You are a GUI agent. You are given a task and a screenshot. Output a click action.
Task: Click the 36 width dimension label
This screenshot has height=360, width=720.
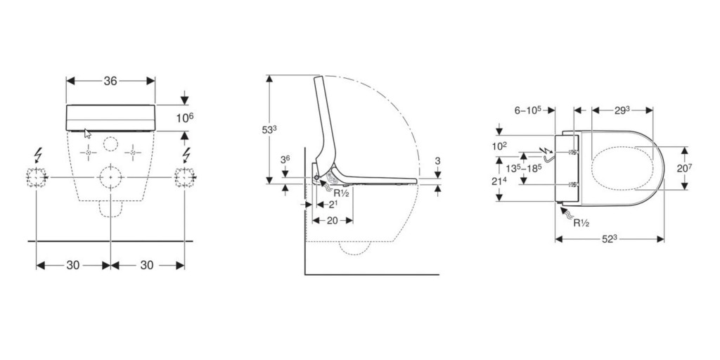pyautogui.click(x=110, y=81)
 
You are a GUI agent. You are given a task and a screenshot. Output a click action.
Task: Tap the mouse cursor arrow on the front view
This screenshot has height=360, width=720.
pyautogui.click(x=88, y=133)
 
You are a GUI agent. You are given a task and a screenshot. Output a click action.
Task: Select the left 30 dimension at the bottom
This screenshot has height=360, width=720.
pyautogui.click(x=73, y=265)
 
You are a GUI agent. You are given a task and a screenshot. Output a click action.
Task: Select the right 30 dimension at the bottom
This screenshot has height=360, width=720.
pyautogui.click(x=147, y=265)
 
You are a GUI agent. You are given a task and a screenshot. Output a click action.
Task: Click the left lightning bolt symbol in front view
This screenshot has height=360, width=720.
pyautogui.click(x=38, y=155)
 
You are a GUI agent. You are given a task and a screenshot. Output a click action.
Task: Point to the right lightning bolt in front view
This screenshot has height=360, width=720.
pyautogui.click(x=186, y=155)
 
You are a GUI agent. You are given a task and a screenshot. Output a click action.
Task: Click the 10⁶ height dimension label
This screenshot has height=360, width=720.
pyautogui.click(x=185, y=117)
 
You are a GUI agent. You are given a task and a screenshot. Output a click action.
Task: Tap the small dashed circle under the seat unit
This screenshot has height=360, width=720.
pyautogui.click(x=110, y=143)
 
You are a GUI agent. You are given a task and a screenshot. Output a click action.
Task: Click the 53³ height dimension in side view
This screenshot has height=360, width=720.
pyautogui.click(x=269, y=130)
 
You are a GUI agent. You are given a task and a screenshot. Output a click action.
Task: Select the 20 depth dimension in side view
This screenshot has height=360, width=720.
pyautogui.click(x=332, y=220)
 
